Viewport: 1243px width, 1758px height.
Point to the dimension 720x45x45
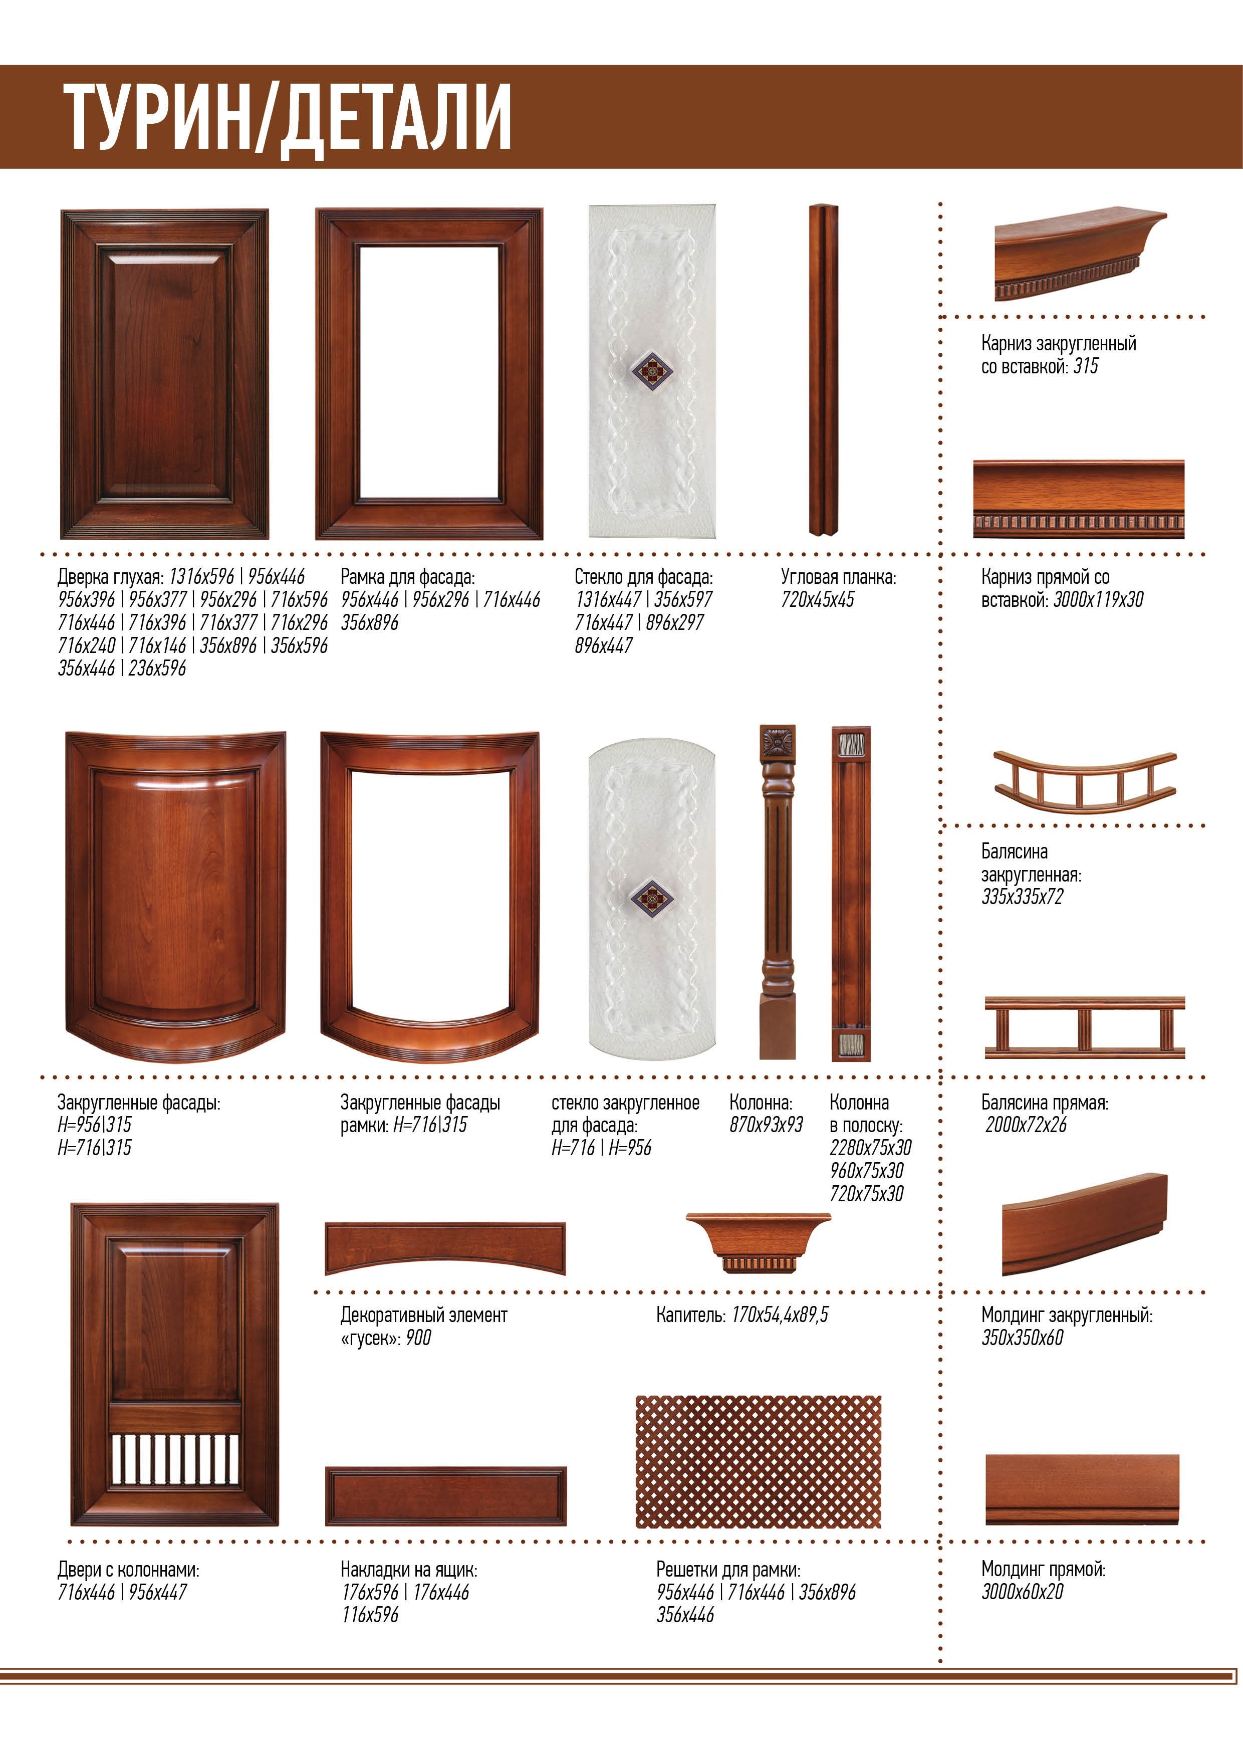click(x=818, y=599)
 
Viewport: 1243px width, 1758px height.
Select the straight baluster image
click(x=1085, y=1027)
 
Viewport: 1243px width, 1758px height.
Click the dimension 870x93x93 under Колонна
click(x=766, y=1125)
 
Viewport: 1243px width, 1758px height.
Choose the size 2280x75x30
click(x=870, y=1148)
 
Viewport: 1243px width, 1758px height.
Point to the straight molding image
click(x=1082, y=1489)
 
